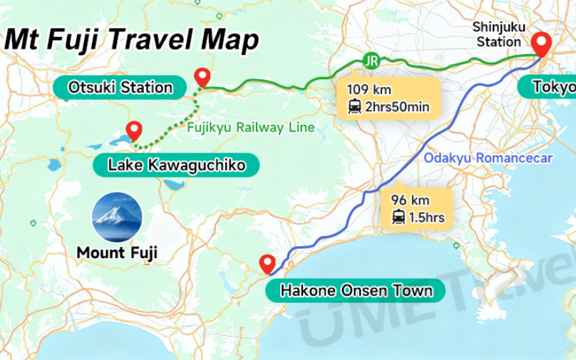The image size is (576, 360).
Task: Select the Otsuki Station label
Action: pyautogui.click(x=120, y=88)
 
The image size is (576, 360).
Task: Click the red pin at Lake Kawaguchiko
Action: pyautogui.click(x=133, y=130)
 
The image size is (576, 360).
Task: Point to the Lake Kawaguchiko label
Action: pyautogui.click(x=176, y=166)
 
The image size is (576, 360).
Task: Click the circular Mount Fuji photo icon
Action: pyautogui.click(x=118, y=217)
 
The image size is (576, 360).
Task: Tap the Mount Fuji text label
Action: pyautogui.click(x=117, y=252)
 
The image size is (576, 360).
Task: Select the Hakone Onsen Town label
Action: pyautogui.click(x=356, y=291)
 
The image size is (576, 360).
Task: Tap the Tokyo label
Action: pyautogui.click(x=553, y=88)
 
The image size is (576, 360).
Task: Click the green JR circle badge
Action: pyautogui.click(x=370, y=60)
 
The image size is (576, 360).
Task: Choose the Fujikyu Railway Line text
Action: pyautogui.click(x=250, y=128)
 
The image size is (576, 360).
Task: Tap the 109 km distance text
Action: pyautogui.click(x=369, y=90)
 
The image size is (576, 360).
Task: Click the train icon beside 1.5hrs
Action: pyautogui.click(x=398, y=217)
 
